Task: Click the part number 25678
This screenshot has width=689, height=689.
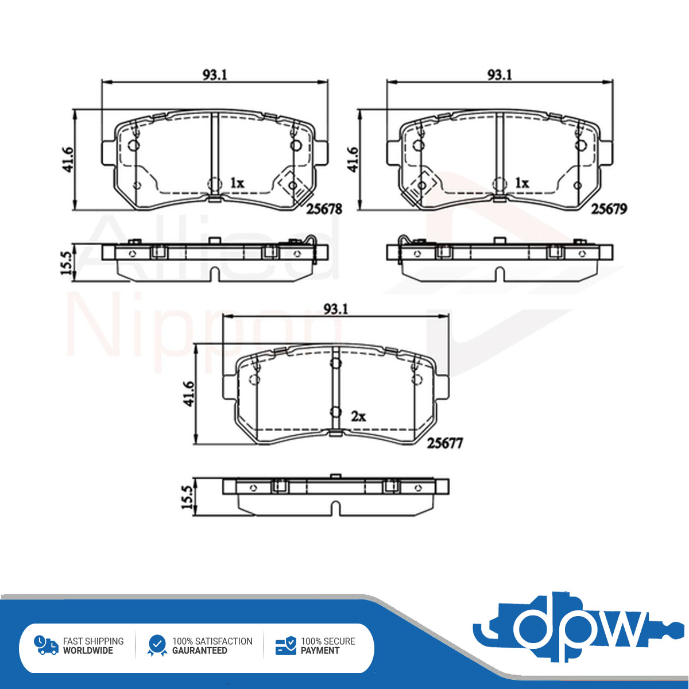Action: point(324,209)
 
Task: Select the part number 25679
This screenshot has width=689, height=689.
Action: point(609,209)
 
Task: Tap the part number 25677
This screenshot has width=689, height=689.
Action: point(445,443)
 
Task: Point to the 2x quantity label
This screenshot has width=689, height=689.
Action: point(358,416)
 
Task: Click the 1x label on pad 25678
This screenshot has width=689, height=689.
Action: point(237,183)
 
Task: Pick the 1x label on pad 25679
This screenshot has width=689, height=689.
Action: point(522,183)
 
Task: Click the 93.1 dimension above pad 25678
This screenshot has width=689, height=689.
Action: point(215,75)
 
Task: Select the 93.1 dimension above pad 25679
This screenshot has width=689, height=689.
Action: point(500,75)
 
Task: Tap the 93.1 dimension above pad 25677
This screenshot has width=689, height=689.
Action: point(336,309)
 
